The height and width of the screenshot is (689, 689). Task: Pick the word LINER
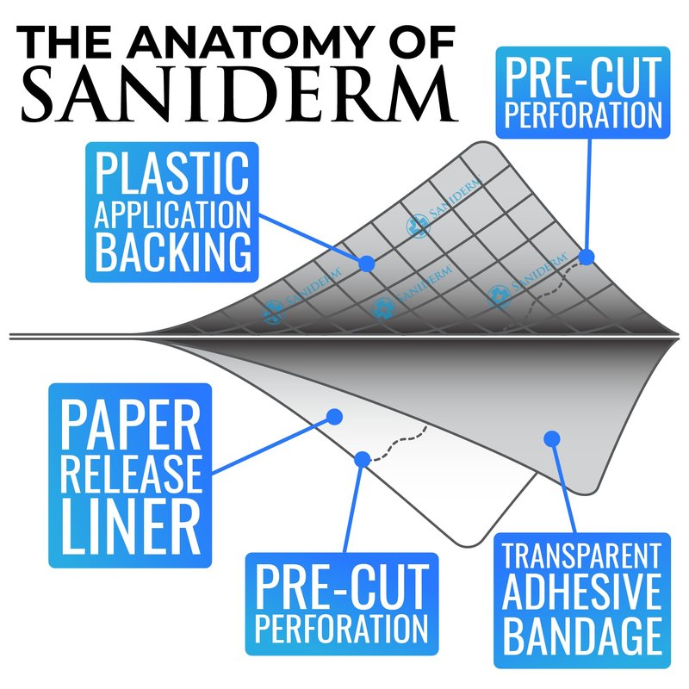(x=130, y=523)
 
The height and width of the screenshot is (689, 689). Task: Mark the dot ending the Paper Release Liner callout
(x=333, y=418)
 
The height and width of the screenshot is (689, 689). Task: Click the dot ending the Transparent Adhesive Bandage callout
(x=550, y=440)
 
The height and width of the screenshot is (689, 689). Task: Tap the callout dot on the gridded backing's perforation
(x=587, y=257)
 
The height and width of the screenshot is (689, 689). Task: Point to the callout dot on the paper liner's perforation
(x=363, y=458)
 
